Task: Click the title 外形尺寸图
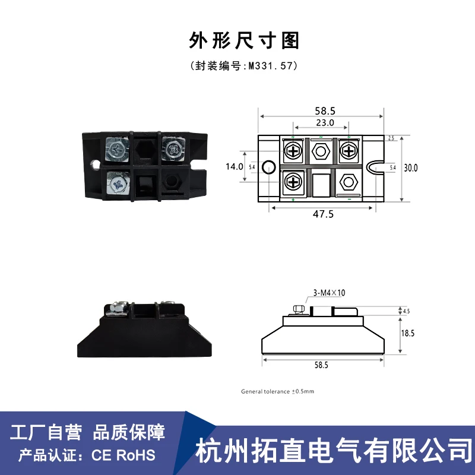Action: pyautogui.click(x=244, y=40)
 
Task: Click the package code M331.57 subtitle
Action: pyautogui.click(x=244, y=66)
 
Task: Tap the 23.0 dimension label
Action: pyautogui.click(x=325, y=123)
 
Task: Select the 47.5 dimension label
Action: pyautogui.click(x=323, y=214)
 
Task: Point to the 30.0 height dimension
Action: pyautogui.click(x=411, y=168)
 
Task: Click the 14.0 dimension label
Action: pyautogui.click(x=235, y=167)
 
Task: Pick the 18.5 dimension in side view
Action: pyautogui.click(x=408, y=333)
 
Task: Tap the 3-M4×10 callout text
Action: pyautogui.click(x=330, y=293)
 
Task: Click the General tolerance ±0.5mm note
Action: pyautogui.click(x=277, y=391)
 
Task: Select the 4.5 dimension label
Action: pyautogui.click(x=407, y=311)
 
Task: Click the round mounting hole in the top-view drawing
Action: pyautogui.click(x=269, y=167)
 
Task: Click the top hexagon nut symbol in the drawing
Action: pyautogui.click(x=321, y=151)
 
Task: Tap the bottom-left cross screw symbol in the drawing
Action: pyautogui.click(x=293, y=183)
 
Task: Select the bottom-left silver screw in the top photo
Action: pyautogui.click(x=118, y=183)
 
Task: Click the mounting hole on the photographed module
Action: pyautogui.click(x=96, y=164)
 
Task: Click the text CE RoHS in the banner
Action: pyautogui.click(x=123, y=455)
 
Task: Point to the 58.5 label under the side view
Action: pyautogui.click(x=321, y=365)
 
